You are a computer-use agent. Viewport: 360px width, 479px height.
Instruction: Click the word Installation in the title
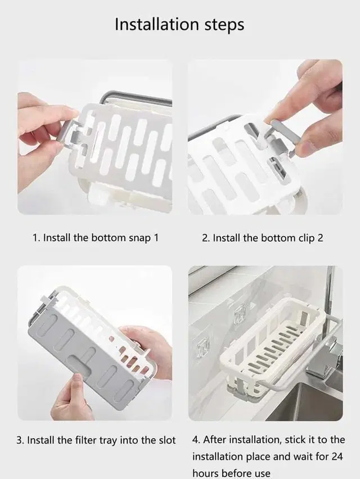click(157, 24)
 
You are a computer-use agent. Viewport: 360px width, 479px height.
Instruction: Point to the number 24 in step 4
click(336, 457)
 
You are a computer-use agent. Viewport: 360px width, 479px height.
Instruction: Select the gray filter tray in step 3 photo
click(80, 358)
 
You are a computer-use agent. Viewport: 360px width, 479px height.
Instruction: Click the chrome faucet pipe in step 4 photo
click(330, 293)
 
